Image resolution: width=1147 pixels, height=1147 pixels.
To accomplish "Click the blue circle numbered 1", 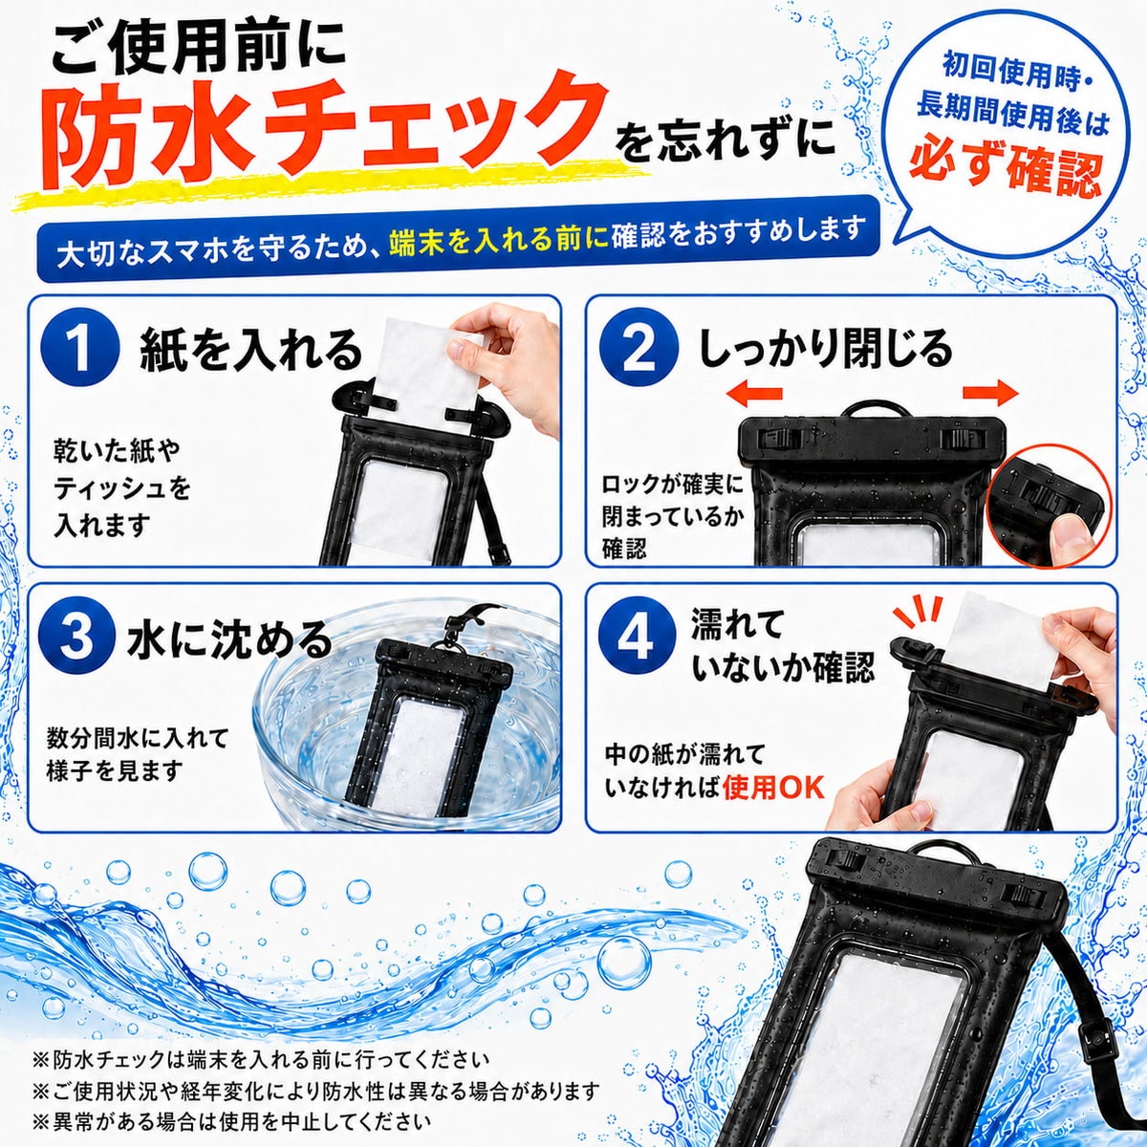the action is [79, 349].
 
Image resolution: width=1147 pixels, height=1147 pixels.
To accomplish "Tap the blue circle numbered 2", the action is [638, 349].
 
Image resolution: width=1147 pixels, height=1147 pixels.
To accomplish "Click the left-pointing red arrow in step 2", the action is [754, 394].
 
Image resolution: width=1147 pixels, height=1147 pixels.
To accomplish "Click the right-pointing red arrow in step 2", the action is [991, 392].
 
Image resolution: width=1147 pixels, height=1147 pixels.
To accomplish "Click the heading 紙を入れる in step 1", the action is [250, 350].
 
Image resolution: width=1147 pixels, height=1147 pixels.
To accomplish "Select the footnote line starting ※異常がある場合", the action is [232, 1106].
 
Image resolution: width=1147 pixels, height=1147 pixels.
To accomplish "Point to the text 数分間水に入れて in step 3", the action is [138, 739].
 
